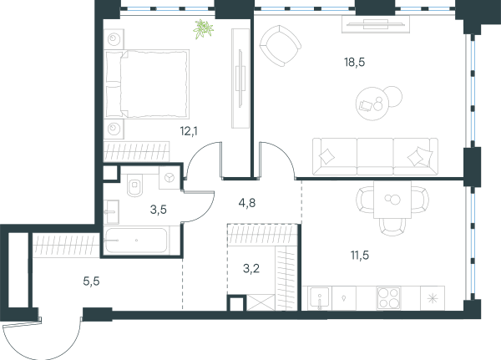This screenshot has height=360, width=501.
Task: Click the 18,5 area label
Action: (354, 62)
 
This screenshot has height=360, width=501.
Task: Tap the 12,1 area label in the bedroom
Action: (189, 131)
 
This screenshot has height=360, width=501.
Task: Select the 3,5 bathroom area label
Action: (158, 210)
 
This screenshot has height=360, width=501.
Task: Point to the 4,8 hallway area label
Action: (247, 203)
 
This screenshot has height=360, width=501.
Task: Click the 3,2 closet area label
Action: (251, 269)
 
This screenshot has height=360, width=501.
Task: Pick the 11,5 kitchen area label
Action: (360, 255)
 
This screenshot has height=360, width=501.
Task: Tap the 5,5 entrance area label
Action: (91, 281)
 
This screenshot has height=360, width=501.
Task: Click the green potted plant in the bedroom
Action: (203, 29)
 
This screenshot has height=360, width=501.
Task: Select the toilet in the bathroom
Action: (135, 185)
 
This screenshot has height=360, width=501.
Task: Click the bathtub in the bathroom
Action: (136, 240)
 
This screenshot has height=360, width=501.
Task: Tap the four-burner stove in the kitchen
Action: (388, 298)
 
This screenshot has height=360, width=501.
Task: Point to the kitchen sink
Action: (320, 298)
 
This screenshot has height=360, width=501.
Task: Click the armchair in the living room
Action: (281, 46)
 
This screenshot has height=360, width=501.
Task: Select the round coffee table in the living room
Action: (372, 104)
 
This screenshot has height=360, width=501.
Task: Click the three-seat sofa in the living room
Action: (375, 157)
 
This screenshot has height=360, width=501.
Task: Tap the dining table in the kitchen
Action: (392, 200)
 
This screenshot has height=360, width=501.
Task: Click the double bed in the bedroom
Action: (147, 84)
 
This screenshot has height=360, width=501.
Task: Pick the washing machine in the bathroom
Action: (170, 178)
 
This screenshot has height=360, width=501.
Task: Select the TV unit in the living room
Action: (376, 23)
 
